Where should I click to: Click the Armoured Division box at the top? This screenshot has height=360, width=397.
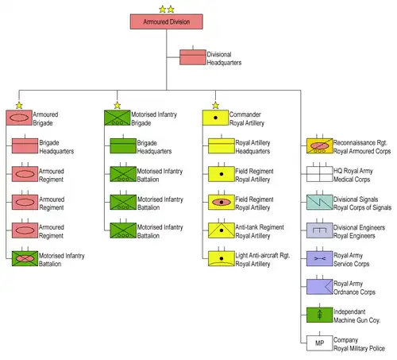(167, 21)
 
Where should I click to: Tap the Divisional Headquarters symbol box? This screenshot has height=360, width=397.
(193, 57)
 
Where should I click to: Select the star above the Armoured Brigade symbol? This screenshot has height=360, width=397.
(19, 106)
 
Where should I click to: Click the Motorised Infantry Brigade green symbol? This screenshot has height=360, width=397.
(118, 118)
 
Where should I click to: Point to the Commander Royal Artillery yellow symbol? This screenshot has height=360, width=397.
(215, 118)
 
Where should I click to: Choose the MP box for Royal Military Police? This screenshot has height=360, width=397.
(319, 343)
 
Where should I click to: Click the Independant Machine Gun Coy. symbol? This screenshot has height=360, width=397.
(319, 315)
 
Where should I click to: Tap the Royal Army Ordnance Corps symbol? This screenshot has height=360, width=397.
(319, 287)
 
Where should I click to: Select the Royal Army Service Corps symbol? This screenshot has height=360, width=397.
(319, 258)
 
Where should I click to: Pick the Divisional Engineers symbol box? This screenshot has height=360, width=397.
(319, 230)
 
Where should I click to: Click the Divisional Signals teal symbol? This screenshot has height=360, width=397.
(319, 203)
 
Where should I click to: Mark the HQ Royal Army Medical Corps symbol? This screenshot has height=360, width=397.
(319, 174)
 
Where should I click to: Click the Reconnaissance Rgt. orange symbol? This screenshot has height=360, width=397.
(319, 145)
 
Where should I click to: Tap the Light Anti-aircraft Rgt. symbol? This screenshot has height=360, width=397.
(222, 258)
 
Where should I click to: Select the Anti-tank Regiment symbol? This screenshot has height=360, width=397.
(222, 230)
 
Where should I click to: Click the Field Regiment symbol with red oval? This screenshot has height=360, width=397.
(222, 203)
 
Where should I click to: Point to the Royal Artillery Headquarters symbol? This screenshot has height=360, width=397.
(222, 145)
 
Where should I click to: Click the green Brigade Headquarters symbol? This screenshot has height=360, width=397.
(123, 145)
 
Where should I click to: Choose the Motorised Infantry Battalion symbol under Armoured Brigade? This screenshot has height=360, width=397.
(25, 258)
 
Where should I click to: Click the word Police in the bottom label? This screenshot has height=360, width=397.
(376, 348)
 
